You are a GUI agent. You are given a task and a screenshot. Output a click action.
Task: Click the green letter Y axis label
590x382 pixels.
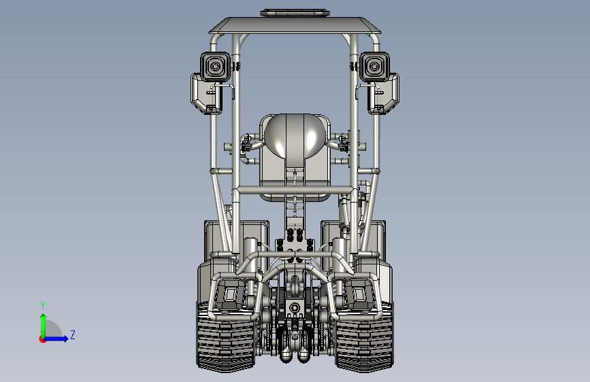coord(43,306)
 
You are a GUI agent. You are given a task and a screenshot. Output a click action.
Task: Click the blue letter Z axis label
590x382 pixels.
coord(73,334)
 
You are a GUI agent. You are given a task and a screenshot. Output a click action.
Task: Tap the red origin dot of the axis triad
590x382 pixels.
coord(42,339)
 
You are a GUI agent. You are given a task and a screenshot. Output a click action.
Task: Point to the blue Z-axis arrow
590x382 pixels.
coord(56,338)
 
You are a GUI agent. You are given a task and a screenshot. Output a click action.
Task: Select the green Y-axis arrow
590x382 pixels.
coord(44,326)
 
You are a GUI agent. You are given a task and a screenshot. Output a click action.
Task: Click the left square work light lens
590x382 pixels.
coord(215,67)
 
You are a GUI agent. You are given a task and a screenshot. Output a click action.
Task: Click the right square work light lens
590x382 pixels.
coord(374,67)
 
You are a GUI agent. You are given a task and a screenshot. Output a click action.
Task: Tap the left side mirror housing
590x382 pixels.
coord(205,94)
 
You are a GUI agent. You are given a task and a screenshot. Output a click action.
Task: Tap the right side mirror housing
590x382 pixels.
coord(384,94)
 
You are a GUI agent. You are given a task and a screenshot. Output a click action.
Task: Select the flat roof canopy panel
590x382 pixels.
coord(295,25)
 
